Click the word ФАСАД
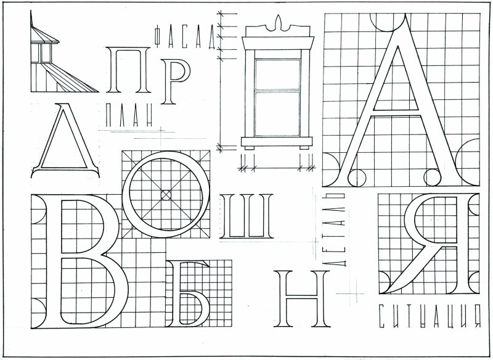tap(185, 37)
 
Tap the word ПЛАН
tap(129, 115)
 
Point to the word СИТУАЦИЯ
tap(430, 316)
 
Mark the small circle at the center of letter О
tap(166, 195)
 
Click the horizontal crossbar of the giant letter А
tap(396, 113)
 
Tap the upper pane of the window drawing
tap(278, 75)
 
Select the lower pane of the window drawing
tap(278, 114)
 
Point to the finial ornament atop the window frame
tap(278, 23)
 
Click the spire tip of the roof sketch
tap(31, 11)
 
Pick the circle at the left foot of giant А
tap(357, 178)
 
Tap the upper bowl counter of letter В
tap(82, 226)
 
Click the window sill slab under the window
tap(277, 142)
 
